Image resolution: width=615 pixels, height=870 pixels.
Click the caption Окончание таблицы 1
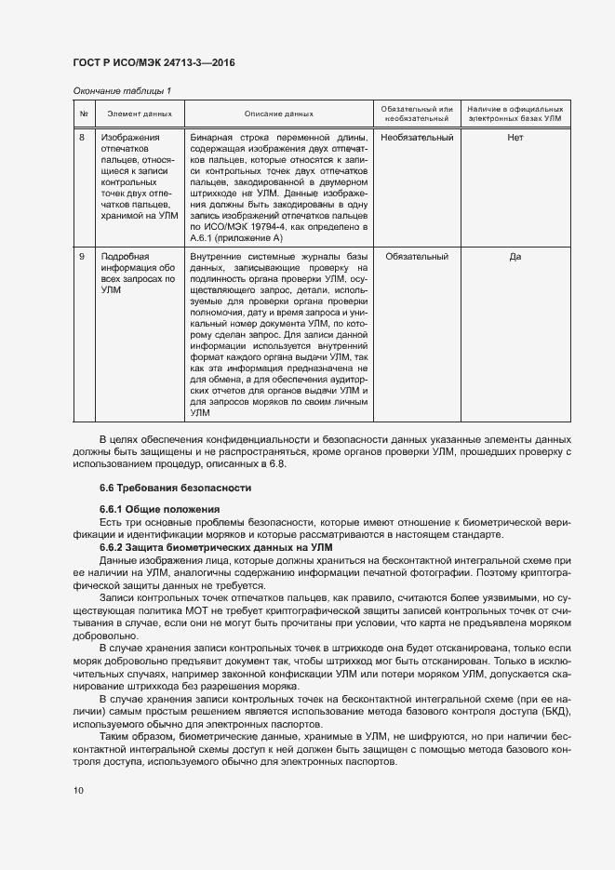(x=122, y=90)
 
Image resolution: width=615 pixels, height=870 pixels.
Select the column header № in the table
(x=84, y=114)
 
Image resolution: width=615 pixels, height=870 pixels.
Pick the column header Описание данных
(x=278, y=114)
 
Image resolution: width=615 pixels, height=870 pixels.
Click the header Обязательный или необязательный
(x=417, y=114)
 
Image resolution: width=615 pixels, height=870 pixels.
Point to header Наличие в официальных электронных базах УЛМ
(x=515, y=114)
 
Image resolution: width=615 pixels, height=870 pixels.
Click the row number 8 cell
(x=82, y=138)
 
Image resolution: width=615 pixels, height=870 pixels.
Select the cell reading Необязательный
(x=417, y=138)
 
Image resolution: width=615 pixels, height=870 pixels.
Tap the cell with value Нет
(x=515, y=138)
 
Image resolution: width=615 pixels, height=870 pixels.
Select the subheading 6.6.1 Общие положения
(x=158, y=509)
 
